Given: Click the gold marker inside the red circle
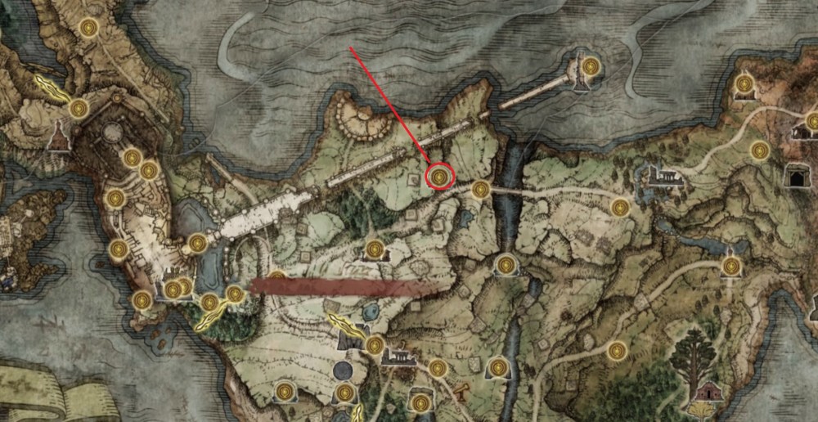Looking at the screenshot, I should coord(441,176).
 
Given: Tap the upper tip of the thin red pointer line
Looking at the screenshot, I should coord(351,48).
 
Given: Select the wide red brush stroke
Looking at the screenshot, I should coord(344,286).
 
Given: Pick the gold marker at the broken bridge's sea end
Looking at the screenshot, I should coord(591,65).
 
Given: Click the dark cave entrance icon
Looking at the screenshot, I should coord(794,175).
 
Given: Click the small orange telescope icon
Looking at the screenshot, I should coord(463,388).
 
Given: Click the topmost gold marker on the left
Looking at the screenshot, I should coord(88,28).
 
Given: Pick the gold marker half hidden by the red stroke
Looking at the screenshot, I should coord(278,278).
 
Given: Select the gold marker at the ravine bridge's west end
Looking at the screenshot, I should coord(481,190).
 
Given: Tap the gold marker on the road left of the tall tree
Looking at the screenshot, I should coord(618,352).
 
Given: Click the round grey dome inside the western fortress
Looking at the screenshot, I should coord(113,131).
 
